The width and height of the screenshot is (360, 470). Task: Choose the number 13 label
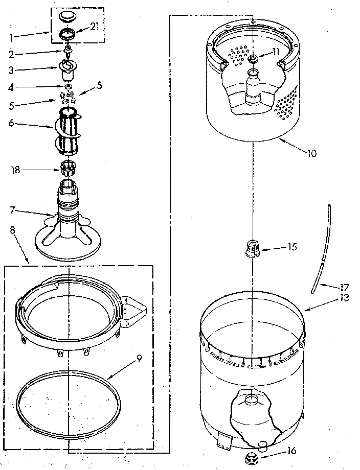(x=344, y=298)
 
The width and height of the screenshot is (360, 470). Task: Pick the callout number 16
(x=291, y=451)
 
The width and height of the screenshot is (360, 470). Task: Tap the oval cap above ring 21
(x=67, y=17)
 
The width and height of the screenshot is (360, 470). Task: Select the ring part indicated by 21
(x=67, y=35)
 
